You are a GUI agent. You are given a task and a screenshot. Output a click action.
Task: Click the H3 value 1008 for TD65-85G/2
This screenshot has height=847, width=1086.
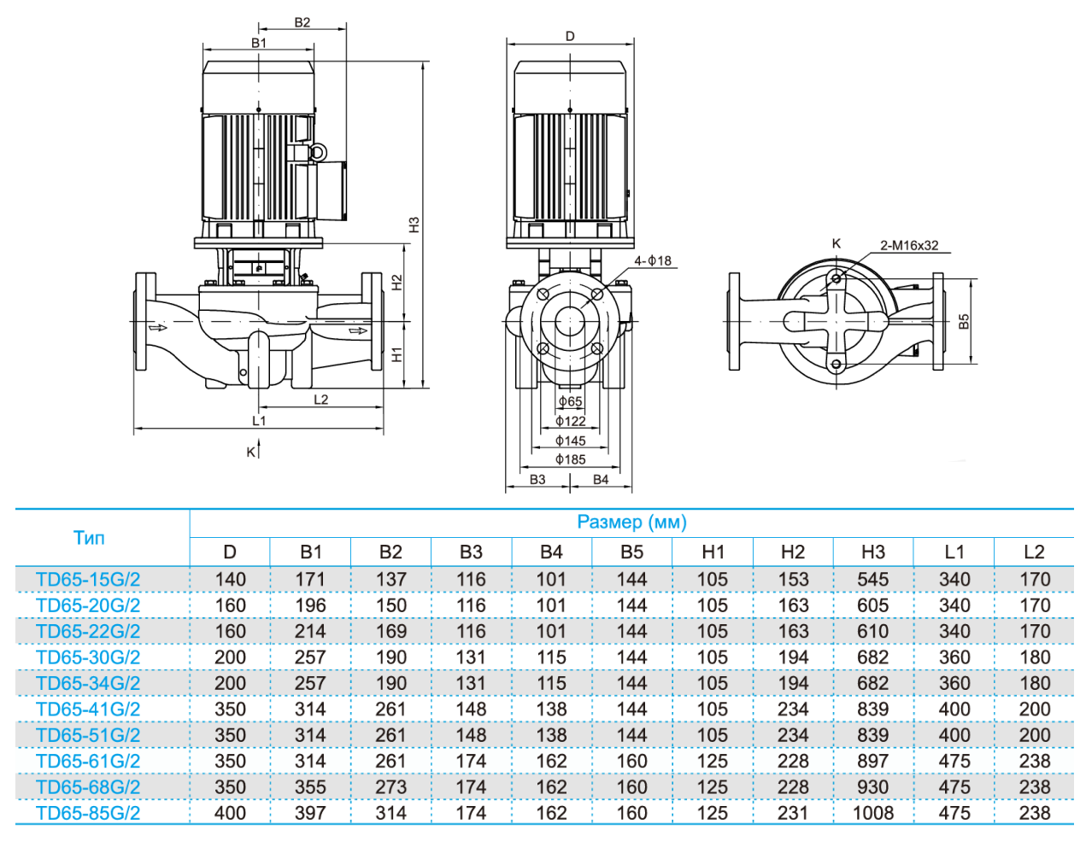(872, 813)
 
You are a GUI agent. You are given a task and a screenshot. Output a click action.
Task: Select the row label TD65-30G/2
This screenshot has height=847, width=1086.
(88, 657)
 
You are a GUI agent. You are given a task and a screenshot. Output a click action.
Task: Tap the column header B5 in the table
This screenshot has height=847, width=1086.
(631, 552)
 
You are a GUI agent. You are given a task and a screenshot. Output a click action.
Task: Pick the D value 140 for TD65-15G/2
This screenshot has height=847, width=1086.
(230, 580)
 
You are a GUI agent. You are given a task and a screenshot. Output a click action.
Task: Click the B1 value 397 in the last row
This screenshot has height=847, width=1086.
(310, 813)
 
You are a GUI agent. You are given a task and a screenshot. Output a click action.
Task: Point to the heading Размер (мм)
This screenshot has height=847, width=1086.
(631, 522)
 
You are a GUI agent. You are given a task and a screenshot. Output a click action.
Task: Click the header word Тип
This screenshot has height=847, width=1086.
(89, 538)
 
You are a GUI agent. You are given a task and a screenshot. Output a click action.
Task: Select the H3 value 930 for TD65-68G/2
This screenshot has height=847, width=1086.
(872, 787)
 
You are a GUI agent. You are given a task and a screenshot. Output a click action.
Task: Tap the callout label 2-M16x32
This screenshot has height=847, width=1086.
(909, 246)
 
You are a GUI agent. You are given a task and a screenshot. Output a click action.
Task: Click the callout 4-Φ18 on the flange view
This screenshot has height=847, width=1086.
(653, 260)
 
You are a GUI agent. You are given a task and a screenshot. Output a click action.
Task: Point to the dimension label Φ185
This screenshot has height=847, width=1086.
(570, 459)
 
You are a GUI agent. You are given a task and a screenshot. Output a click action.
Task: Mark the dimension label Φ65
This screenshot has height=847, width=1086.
(570, 401)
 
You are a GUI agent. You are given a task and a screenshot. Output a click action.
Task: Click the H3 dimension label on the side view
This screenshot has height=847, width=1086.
(414, 225)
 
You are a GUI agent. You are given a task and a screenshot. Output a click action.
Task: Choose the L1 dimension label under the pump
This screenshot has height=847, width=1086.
(259, 420)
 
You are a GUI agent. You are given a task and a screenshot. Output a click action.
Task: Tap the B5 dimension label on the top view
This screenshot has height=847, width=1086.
(964, 321)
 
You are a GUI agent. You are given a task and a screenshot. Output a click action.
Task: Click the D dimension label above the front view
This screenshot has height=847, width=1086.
(570, 37)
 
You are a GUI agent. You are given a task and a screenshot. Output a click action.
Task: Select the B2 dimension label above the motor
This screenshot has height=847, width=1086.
(302, 22)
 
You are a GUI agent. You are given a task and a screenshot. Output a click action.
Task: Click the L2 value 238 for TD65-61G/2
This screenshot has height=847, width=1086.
(1034, 761)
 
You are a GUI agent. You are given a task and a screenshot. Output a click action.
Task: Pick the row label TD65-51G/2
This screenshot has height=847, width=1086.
(88, 735)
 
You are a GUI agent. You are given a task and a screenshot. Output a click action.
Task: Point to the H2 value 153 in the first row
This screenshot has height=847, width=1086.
(792, 580)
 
